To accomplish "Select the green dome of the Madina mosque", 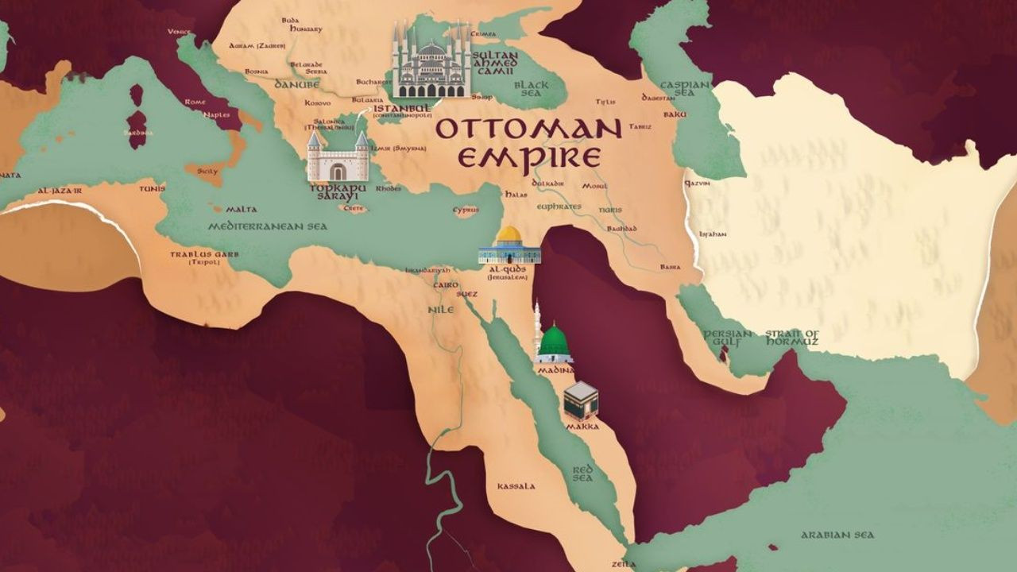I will click(554, 340).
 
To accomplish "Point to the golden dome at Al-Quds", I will click(509, 235).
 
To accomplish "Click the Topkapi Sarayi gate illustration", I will click(338, 159).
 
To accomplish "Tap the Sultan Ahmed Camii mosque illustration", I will click(431, 64).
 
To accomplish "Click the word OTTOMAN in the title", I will click(528, 129).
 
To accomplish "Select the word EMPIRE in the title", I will click(528, 158).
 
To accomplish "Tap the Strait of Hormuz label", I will click(791, 338).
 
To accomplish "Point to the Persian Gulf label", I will click(727, 338).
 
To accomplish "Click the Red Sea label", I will click(582, 474).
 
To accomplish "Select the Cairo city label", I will click(441, 284).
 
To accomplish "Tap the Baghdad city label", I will click(621, 229).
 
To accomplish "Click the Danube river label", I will click(296, 84).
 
